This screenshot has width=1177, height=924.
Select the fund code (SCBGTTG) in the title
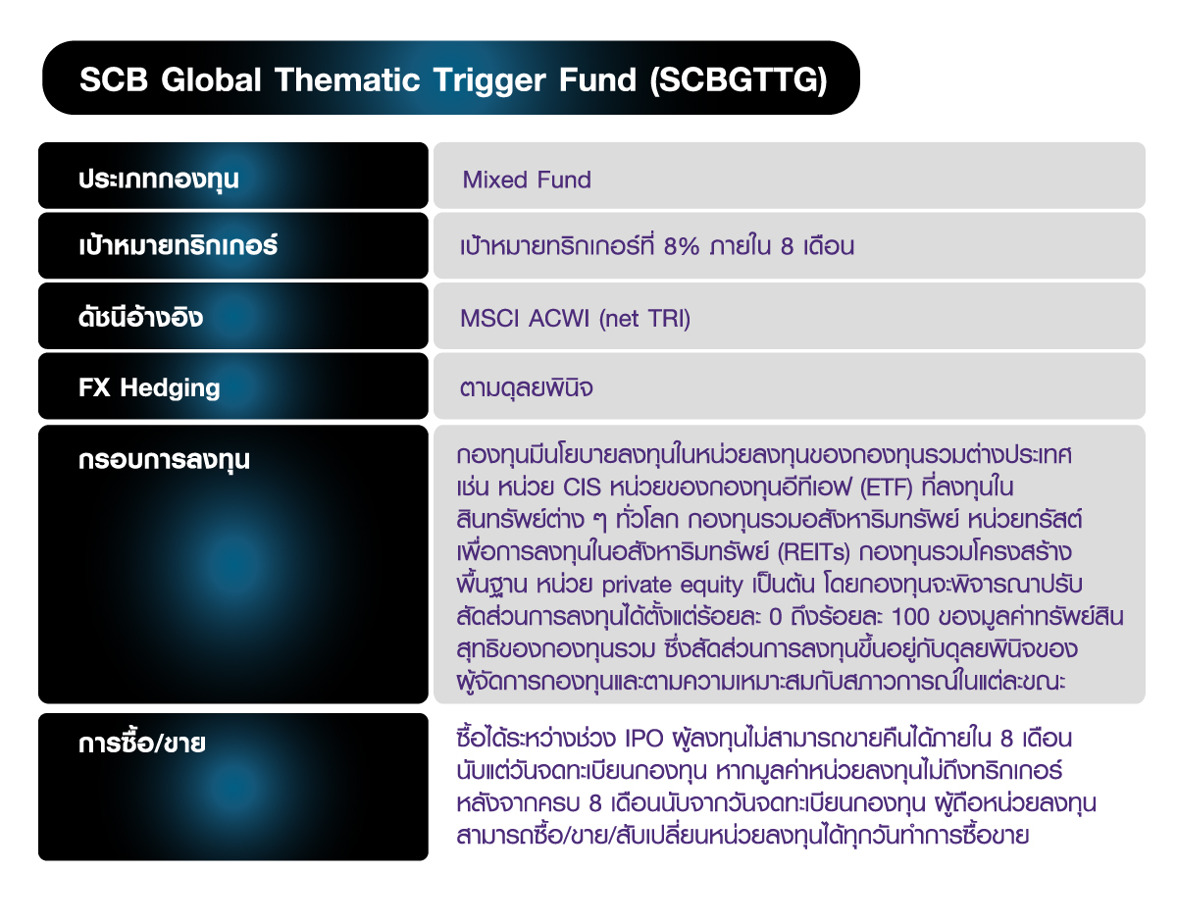738,79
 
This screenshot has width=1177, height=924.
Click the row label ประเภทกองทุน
159,180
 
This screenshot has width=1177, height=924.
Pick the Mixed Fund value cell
527,180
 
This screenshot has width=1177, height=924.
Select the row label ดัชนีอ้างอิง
141,318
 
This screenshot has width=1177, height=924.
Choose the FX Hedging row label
149,387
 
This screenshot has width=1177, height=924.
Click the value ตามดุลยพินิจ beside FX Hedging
527,388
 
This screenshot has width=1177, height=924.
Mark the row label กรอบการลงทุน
164,458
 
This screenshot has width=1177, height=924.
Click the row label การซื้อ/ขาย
141,743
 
